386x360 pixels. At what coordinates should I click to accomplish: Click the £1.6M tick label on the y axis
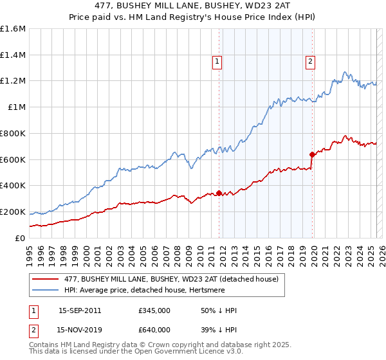coord(13,29)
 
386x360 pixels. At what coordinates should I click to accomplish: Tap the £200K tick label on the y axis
coord(13,212)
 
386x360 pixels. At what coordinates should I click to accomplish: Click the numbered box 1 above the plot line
coord(217,62)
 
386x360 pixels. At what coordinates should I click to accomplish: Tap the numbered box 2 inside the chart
coord(310,62)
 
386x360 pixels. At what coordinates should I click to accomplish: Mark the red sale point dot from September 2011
coord(219,193)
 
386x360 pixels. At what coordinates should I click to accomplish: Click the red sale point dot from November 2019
coord(312,154)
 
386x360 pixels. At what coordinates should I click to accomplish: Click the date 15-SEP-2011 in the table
coord(79,310)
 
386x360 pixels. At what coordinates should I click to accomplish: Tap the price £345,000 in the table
coord(154,310)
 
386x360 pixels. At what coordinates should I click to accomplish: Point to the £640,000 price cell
coord(154,329)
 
